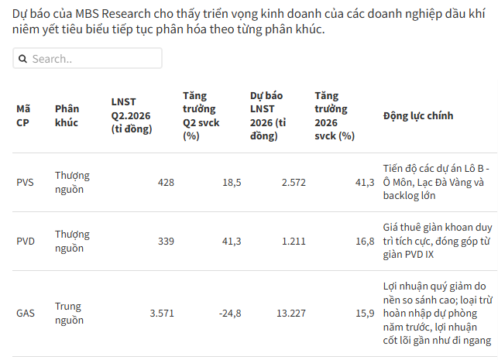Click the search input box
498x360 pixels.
coord(88,58)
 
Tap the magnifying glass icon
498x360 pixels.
coord(22,59)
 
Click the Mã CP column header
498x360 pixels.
coord(23,115)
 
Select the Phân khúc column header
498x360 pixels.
coord(67,115)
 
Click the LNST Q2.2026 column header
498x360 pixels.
coord(132,115)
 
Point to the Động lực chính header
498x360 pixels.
coord(418,115)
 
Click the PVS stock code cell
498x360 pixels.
coord(25,182)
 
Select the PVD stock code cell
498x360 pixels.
coord(26,242)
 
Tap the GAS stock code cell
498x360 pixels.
coord(26,314)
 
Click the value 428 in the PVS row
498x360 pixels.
coord(166,182)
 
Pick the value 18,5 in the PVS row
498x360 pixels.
coord(232,182)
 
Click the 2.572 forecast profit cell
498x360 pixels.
coord(294,182)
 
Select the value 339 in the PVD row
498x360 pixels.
coord(166,242)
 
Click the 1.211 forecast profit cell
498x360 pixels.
coord(294,242)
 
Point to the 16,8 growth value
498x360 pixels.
coord(365,242)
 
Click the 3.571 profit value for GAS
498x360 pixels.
coord(162,314)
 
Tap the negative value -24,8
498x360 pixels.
coord(230,314)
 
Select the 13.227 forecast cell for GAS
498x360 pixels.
coord(291,314)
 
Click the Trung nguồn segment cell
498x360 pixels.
coord(69,313)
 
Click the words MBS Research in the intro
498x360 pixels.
coord(113,14)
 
